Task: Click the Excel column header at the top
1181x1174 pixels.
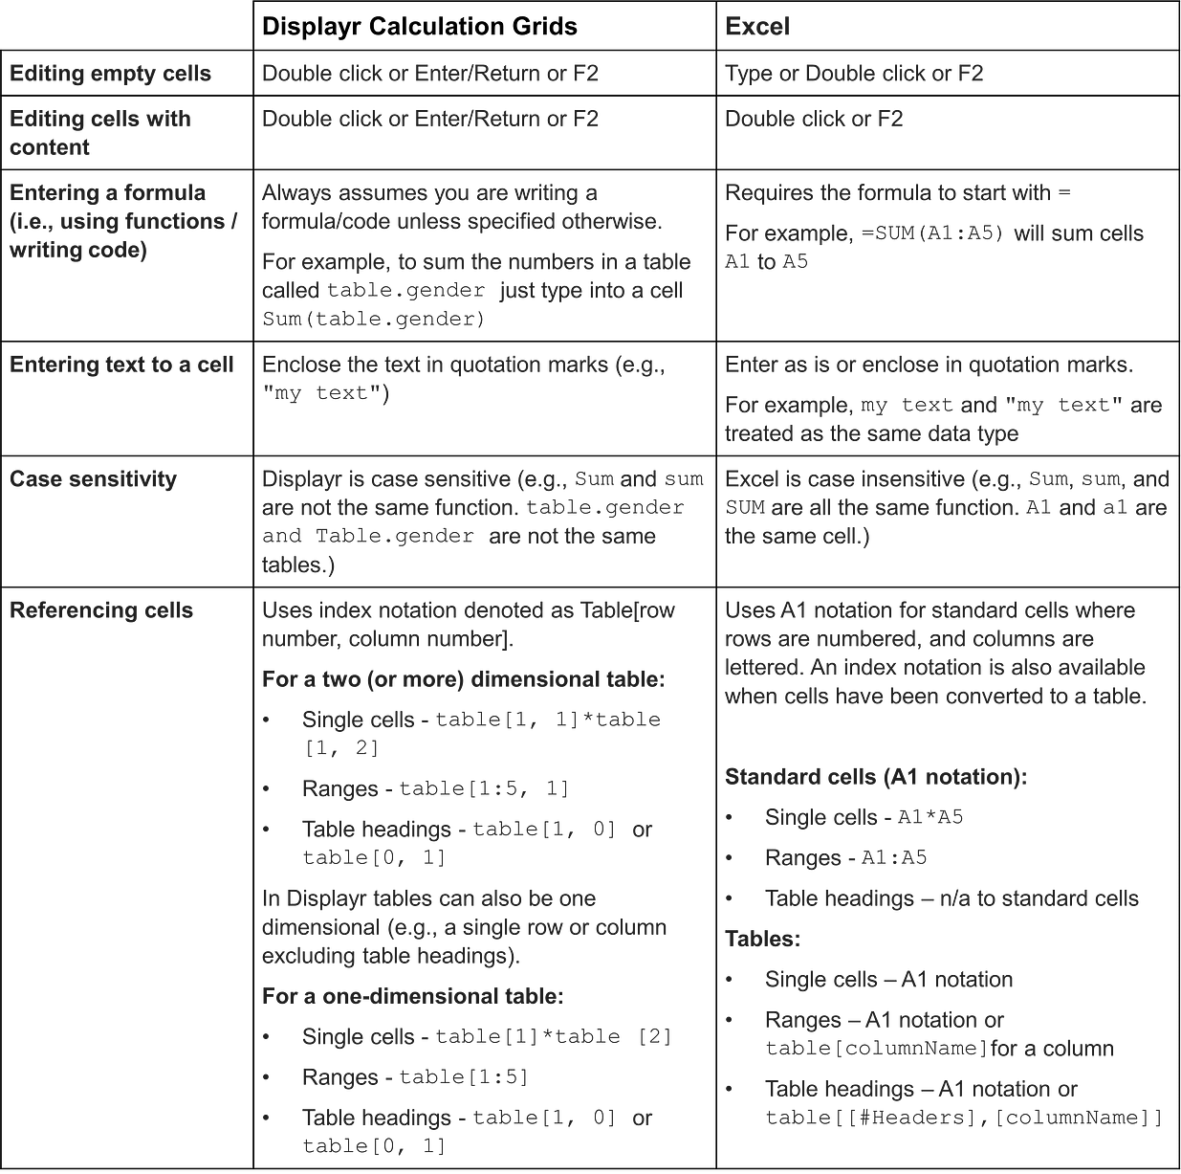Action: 756,27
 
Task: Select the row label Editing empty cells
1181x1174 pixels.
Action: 110,74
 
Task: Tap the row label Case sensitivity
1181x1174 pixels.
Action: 93,479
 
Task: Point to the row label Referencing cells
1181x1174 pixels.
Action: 101,610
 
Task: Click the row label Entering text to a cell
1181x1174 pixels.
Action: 121,365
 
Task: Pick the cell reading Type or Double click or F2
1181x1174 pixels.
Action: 853,74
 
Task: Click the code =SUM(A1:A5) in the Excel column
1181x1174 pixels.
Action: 939,233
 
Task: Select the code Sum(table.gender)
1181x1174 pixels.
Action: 373,319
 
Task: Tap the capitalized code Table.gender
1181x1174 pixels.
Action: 394,537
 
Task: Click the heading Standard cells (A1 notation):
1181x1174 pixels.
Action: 876,777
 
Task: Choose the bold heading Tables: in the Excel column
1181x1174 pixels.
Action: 762,939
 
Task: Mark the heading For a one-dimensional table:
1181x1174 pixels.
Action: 412,996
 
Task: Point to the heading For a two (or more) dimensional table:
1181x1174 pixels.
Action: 463,679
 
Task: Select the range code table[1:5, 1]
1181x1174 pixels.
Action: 484,789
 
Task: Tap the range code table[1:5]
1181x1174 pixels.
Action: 464,1077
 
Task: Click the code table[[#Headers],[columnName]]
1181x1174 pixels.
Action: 963,1118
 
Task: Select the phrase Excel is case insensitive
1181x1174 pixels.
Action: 844,479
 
